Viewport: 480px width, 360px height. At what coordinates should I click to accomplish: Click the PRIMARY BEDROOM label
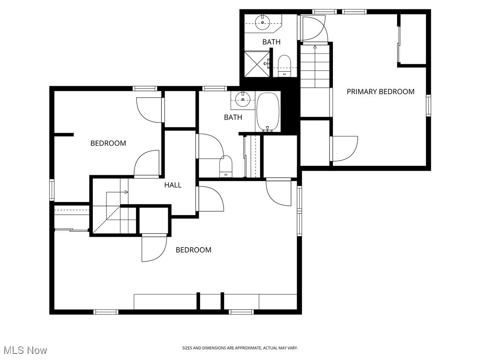(380, 92)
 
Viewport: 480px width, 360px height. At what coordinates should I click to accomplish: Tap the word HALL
(172, 185)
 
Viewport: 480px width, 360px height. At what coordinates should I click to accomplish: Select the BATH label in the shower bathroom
(271, 42)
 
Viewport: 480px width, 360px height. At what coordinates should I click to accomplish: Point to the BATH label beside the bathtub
(233, 117)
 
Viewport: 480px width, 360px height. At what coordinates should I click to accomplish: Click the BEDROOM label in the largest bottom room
(193, 250)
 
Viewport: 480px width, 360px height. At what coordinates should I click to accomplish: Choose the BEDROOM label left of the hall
(108, 143)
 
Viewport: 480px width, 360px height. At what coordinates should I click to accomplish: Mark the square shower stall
(256, 64)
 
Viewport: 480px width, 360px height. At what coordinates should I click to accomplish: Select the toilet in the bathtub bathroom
(226, 166)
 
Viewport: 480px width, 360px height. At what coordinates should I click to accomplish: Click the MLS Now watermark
(25, 350)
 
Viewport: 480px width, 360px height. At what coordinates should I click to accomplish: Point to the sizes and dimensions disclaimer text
(240, 348)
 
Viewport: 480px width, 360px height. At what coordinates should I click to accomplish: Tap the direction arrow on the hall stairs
(125, 192)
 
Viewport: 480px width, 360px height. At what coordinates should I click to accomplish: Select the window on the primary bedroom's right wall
(428, 105)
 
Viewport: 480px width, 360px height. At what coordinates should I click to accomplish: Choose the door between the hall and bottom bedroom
(210, 199)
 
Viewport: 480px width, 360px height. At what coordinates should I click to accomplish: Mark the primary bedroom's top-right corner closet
(412, 39)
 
